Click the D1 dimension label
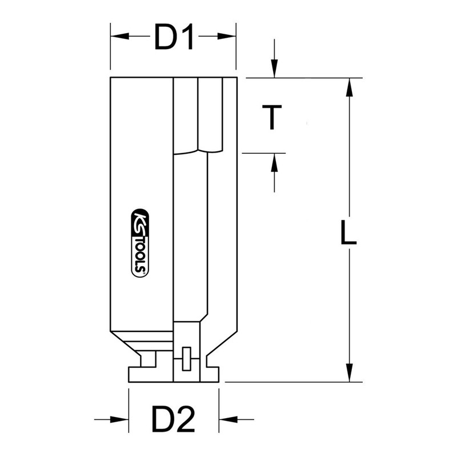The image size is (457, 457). [173, 37]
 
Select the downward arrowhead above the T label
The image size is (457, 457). [275, 71]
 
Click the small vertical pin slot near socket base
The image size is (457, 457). [186, 359]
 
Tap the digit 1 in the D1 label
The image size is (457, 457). [190, 37]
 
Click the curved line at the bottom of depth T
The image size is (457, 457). [197, 151]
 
